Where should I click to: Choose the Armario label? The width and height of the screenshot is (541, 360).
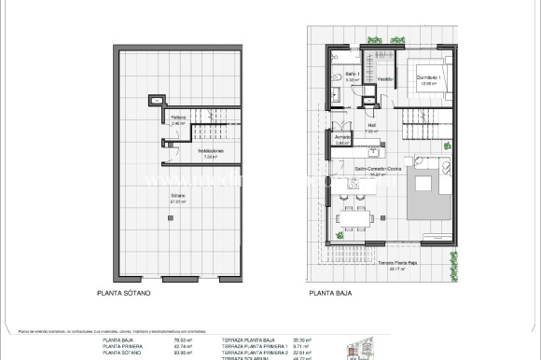pos(341,140)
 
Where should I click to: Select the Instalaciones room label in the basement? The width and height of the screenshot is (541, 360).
pos(210,152)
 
